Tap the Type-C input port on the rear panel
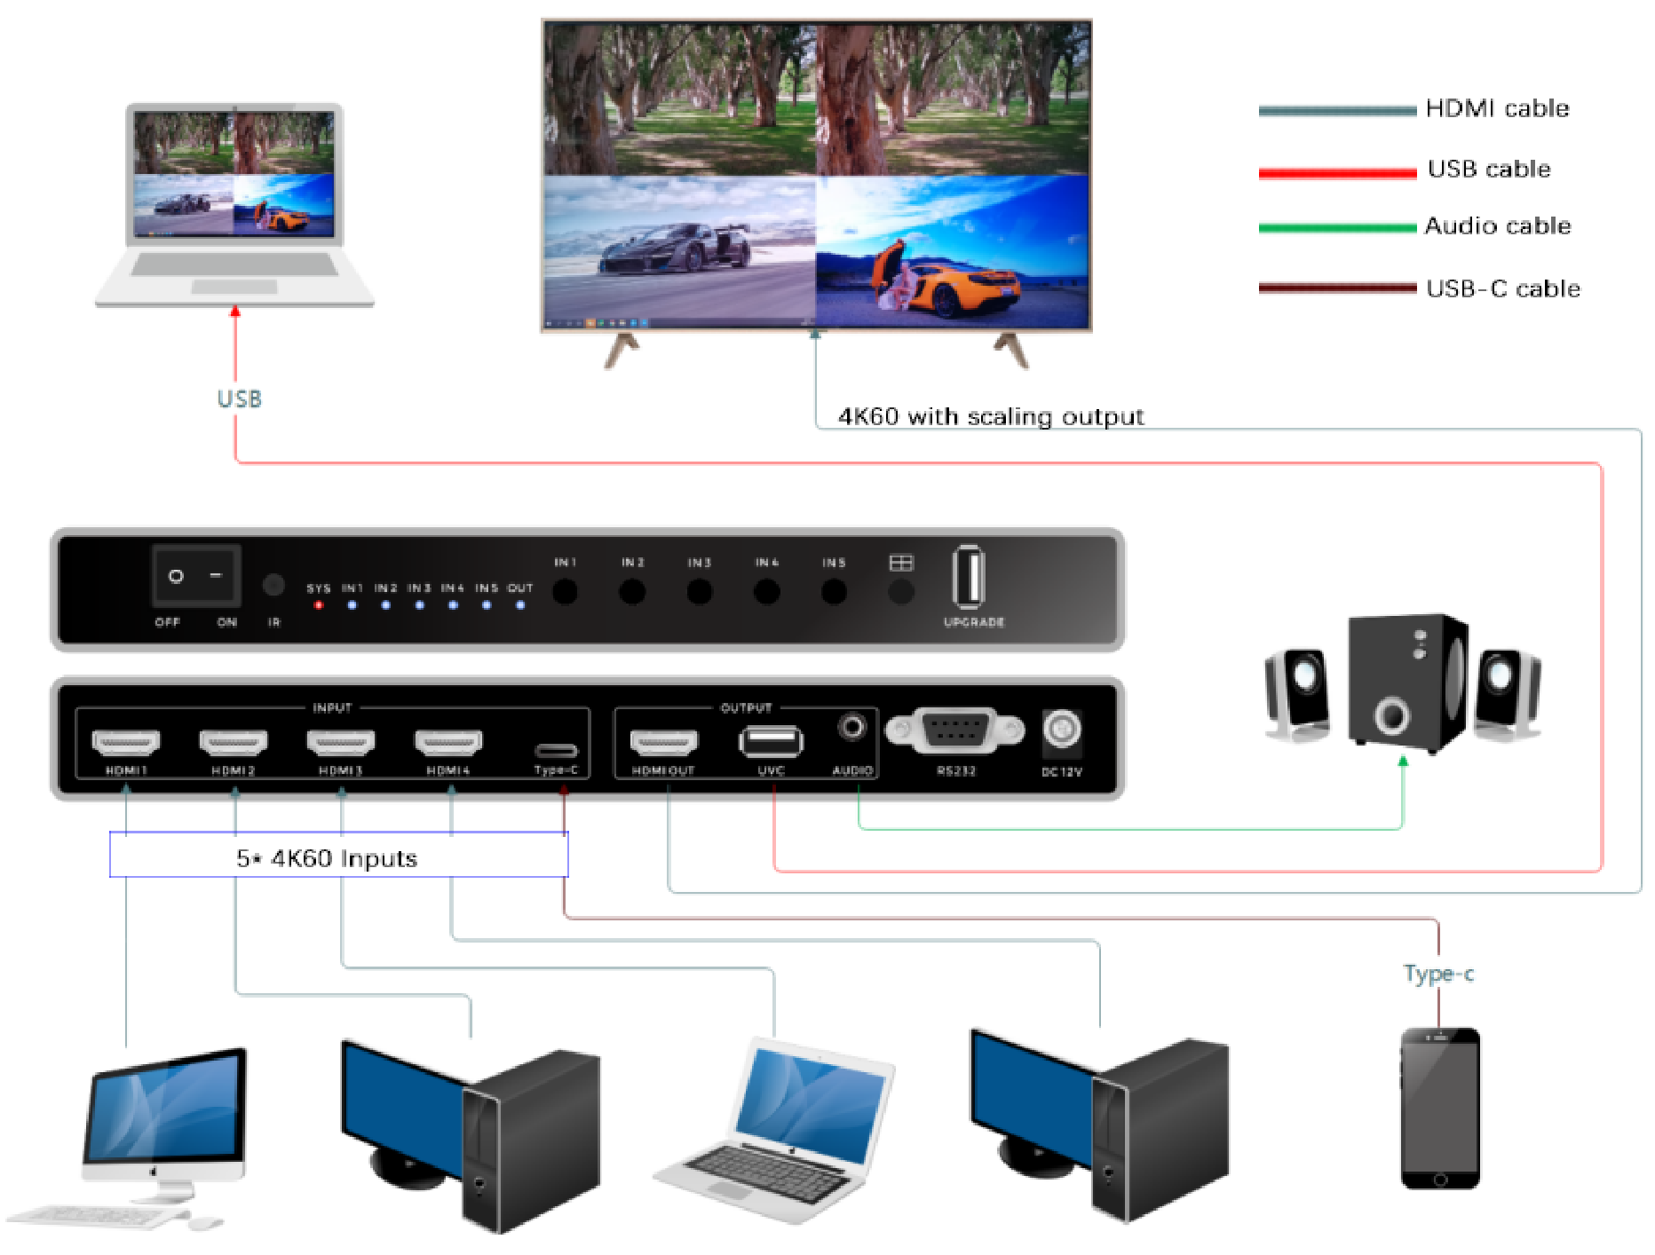(x=556, y=751)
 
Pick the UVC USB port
(x=771, y=741)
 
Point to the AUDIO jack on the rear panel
(x=852, y=729)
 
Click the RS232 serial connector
(x=955, y=730)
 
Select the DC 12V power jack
(x=1062, y=730)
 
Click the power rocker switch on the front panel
(x=195, y=576)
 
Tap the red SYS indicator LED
(x=319, y=605)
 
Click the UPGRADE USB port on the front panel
(x=969, y=578)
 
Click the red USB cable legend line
(x=1337, y=172)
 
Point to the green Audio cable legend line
(x=1337, y=228)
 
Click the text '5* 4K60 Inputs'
(x=327, y=858)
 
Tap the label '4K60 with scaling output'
(x=991, y=416)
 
